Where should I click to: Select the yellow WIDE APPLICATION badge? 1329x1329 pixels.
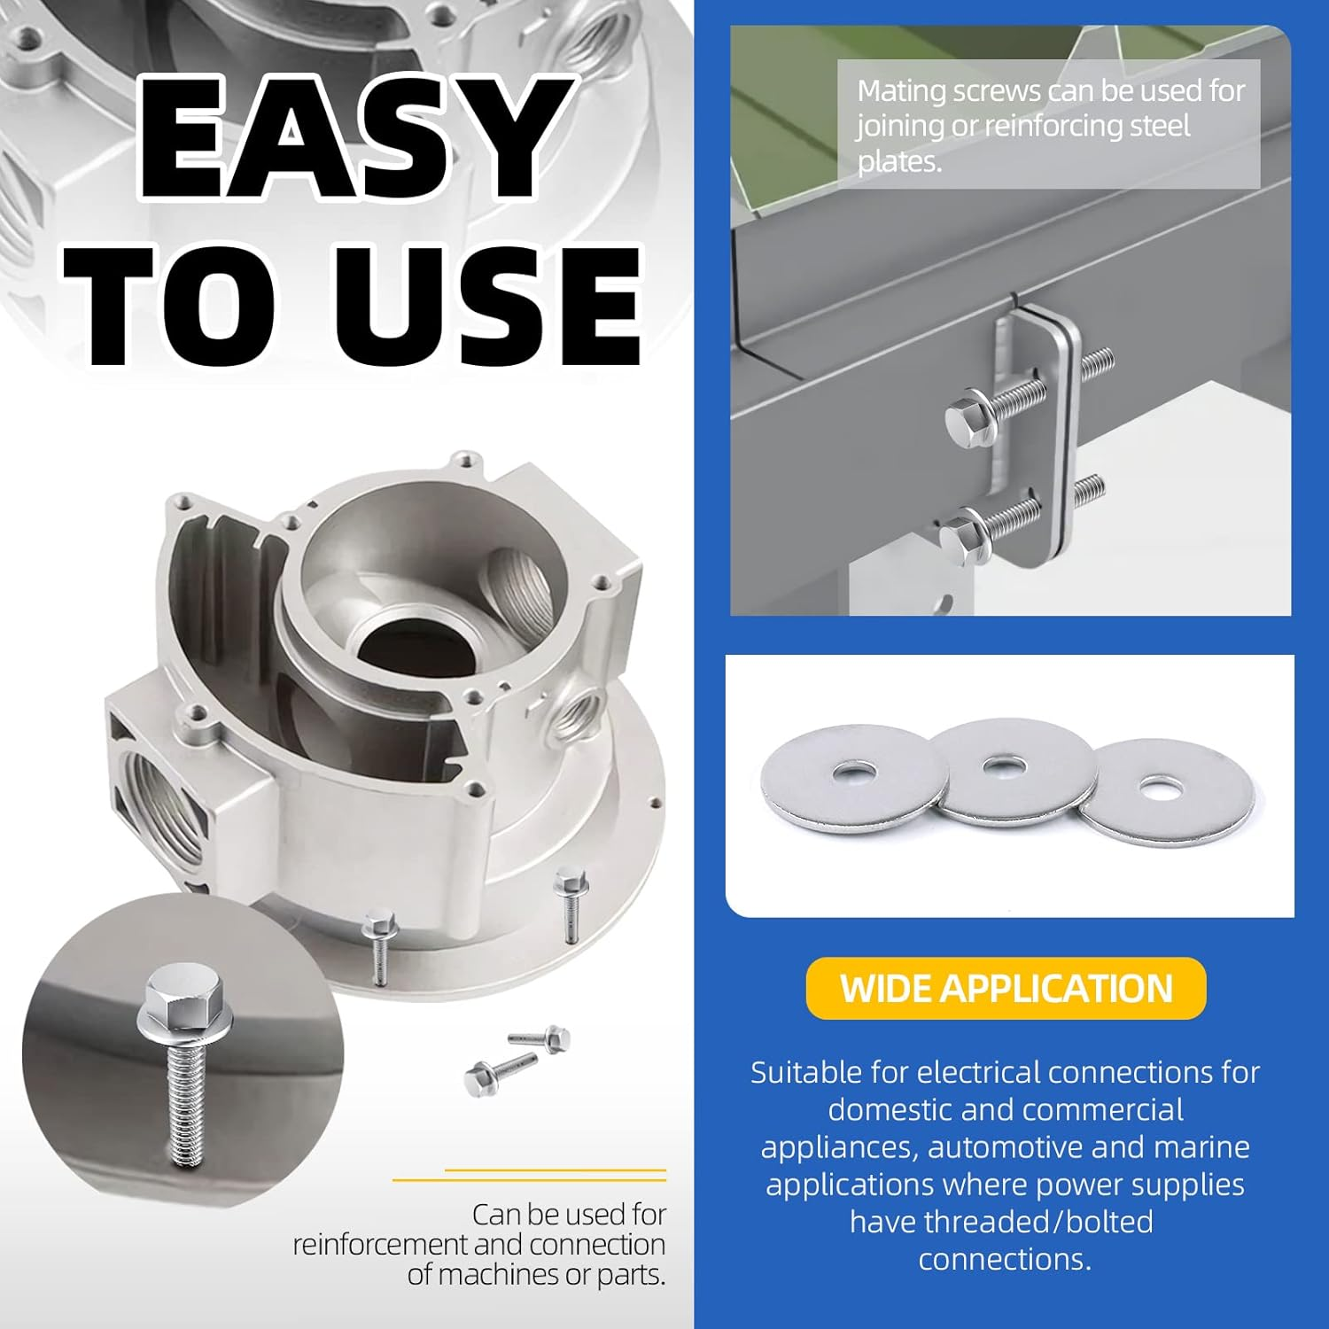[1006, 988]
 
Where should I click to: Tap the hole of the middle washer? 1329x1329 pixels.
[1000, 763]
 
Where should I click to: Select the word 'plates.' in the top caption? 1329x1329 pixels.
[898, 162]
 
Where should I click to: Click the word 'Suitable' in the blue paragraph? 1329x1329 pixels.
[805, 1072]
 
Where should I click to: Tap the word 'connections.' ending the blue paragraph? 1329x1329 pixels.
[1005, 1259]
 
